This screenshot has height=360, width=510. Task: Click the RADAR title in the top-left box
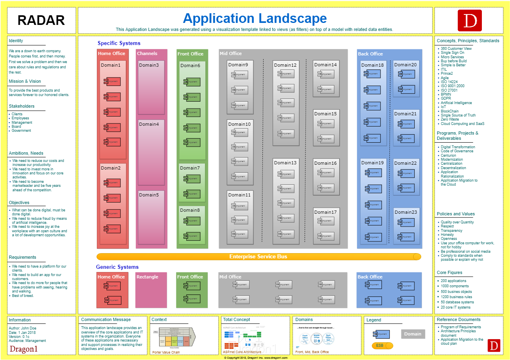click(x=41, y=20)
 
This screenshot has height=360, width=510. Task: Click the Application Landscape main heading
click(x=255, y=18)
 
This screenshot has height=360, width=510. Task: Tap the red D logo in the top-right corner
click(x=469, y=20)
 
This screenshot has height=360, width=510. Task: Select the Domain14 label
click(x=326, y=65)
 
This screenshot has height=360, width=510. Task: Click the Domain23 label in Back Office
click(x=406, y=212)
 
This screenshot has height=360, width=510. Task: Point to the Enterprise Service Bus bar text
click(x=258, y=256)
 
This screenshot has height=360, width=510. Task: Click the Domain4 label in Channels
click(x=149, y=124)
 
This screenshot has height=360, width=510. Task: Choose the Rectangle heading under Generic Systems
click(x=147, y=277)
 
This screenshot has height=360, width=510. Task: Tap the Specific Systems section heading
click(x=119, y=43)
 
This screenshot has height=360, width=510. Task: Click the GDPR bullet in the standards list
click(x=446, y=98)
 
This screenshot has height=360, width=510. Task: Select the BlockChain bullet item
click(x=449, y=111)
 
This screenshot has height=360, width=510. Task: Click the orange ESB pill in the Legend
click(x=382, y=346)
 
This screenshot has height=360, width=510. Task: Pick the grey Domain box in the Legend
click(x=413, y=334)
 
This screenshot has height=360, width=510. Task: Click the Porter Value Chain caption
click(x=166, y=352)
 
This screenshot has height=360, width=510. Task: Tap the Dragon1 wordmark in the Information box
click(x=24, y=349)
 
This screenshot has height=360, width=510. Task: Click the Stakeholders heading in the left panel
click(x=22, y=106)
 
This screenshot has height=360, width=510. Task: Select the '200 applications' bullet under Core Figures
click(x=453, y=281)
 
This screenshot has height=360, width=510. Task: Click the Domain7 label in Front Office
click(x=190, y=168)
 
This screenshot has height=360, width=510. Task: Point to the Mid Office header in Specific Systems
click(x=231, y=53)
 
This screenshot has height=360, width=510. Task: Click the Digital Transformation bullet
click(x=458, y=147)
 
